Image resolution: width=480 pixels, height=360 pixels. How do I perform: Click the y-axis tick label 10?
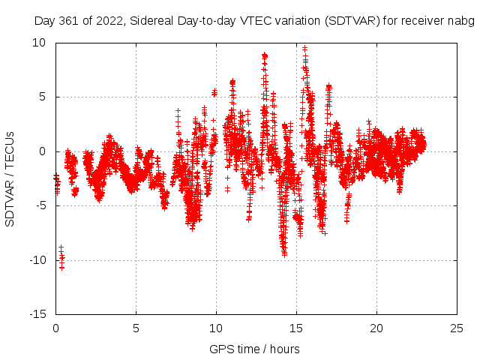tap(39, 43)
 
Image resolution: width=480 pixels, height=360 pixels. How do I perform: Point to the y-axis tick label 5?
tap(42, 97)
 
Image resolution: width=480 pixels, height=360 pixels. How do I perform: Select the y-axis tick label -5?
tap(40, 205)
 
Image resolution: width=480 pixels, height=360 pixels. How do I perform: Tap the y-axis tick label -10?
tap(37, 260)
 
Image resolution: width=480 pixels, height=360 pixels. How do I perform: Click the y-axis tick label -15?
tap(37, 314)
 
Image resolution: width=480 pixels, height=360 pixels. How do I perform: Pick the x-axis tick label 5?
tap(136, 328)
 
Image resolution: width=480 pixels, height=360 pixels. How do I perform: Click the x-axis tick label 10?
tap(216, 328)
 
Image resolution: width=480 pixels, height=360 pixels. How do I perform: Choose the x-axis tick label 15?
tap(296, 328)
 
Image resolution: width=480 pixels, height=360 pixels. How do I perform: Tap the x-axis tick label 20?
tap(376, 328)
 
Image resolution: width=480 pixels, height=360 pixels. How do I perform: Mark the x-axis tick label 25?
tap(457, 328)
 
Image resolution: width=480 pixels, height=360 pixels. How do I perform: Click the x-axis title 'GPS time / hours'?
tap(255, 349)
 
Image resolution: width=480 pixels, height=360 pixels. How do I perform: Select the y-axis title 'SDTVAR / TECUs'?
tap(10, 178)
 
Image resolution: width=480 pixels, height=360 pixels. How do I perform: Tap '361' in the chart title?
tap(72, 20)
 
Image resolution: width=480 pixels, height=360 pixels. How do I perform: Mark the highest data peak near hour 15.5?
tap(304, 48)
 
